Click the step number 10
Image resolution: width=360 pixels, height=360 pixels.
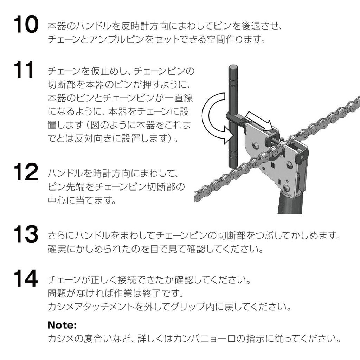[x=26, y=25]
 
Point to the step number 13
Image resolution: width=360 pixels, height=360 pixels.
[x=26, y=234]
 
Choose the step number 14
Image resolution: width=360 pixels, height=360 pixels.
[x=26, y=279]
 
